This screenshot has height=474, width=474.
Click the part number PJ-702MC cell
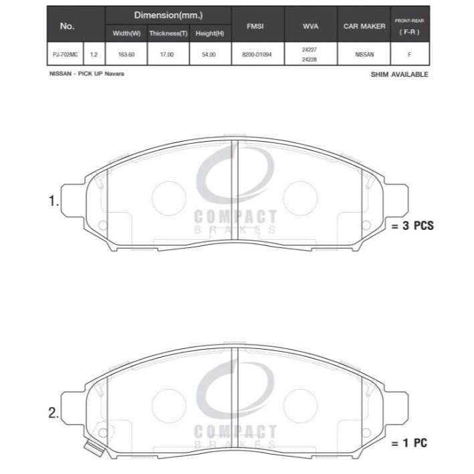pyautogui.click(x=65, y=54)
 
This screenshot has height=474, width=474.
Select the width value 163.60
pyautogui.click(x=126, y=54)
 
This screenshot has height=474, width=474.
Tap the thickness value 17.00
pyautogui.click(x=166, y=54)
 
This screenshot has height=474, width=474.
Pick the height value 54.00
pyautogui.click(x=209, y=54)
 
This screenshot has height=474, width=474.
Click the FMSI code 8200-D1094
pyautogui.click(x=257, y=54)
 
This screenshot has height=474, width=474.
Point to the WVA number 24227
pyautogui.click(x=310, y=49)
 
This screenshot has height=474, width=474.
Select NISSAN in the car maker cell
pyautogui.click(x=364, y=54)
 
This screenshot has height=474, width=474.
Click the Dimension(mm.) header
pyautogui.click(x=168, y=15)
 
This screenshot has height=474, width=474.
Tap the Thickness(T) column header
pyautogui.click(x=168, y=33)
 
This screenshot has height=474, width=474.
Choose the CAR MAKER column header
pyautogui.click(x=364, y=26)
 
